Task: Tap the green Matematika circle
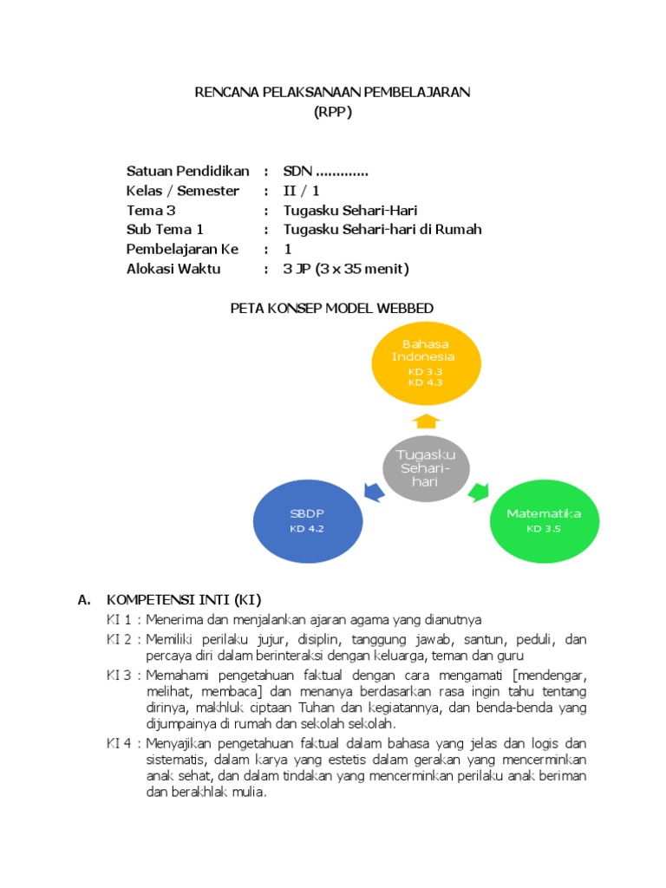pyautogui.click(x=544, y=520)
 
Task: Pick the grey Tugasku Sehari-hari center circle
pyautogui.click(x=425, y=468)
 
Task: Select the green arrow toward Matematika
pyautogui.click(x=479, y=493)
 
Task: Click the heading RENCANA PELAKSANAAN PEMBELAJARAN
pyautogui.click(x=332, y=93)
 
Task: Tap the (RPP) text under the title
pyautogui.click(x=332, y=112)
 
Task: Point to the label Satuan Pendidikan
pyautogui.click(x=188, y=171)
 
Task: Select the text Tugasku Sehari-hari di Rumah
pyautogui.click(x=382, y=230)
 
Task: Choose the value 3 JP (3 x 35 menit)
pyautogui.click(x=346, y=269)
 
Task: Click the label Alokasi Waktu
pyautogui.click(x=173, y=269)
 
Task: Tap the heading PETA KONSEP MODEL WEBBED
pyautogui.click(x=331, y=309)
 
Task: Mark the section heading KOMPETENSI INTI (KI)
pyautogui.click(x=183, y=599)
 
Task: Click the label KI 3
pyautogui.click(x=119, y=675)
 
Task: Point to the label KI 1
pyautogui.click(x=119, y=619)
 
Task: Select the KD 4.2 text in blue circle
pyautogui.click(x=306, y=529)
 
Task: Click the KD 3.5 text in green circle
pyautogui.click(x=544, y=528)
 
